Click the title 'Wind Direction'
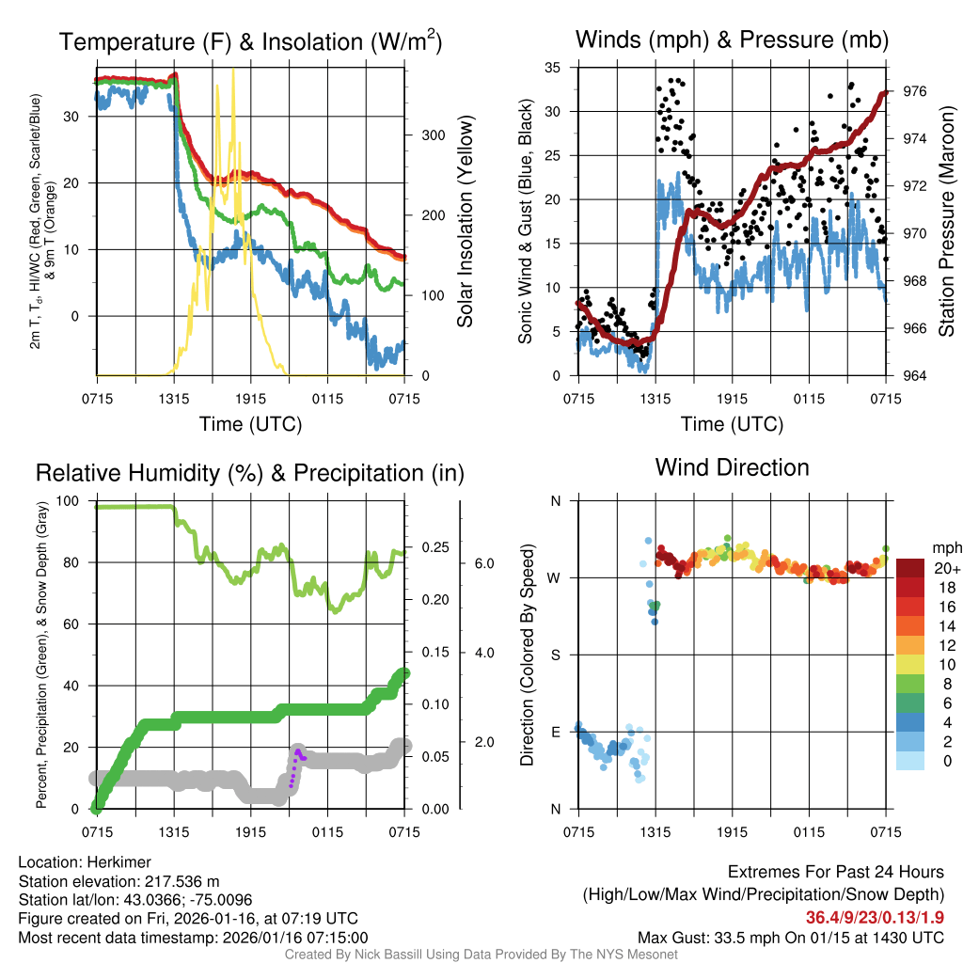click(732, 467)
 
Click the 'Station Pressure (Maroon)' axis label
click(946, 221)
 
